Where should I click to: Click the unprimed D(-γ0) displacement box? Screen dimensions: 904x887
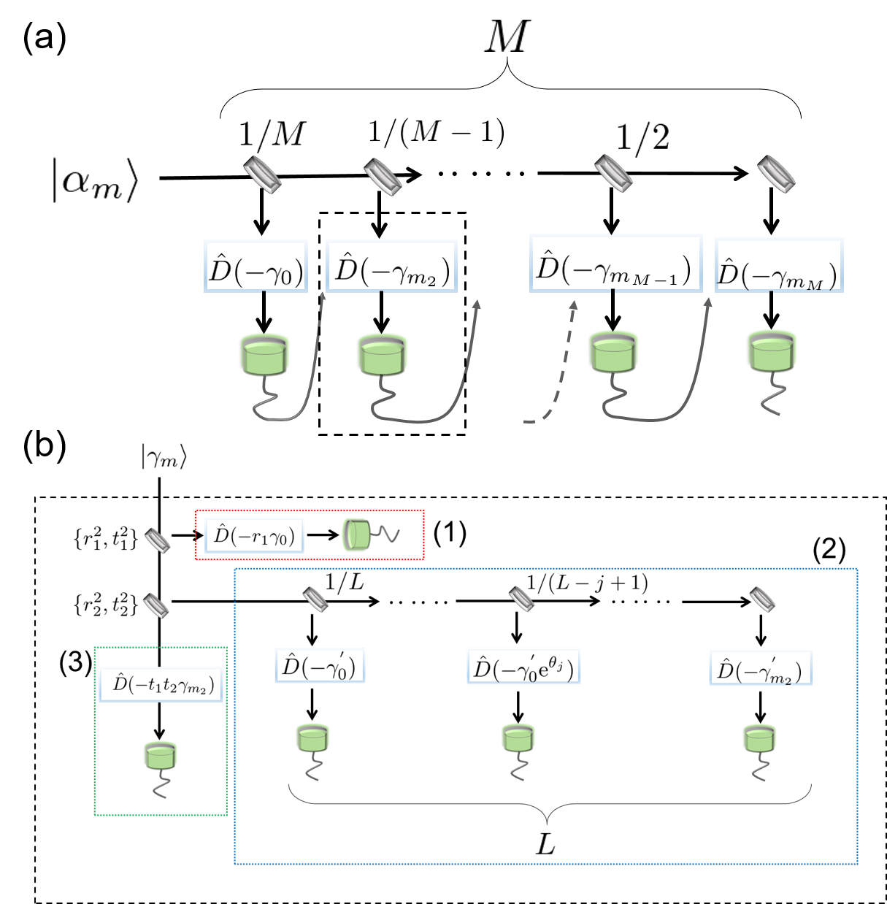(256, 267)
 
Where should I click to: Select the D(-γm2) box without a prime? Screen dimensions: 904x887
(391, 267)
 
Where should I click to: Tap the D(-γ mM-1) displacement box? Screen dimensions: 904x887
(615, 264)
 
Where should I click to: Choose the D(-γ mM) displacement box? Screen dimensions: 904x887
(779, 265)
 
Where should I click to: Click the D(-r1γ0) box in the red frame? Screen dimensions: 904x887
(254, 537)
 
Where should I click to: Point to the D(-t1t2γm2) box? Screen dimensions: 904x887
(161, 684)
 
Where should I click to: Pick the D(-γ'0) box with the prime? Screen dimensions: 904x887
(320, 665)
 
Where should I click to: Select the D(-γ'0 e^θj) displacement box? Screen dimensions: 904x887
(523, 666)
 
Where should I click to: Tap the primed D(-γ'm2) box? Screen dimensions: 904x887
(761, 667)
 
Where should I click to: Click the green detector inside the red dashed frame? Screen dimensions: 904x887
(356, 535)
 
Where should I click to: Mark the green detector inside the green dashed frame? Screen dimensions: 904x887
(161, 754)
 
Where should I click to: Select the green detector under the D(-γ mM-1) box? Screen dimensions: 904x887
(614, 352)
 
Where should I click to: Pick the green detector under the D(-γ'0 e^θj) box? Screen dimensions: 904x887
(518, 738)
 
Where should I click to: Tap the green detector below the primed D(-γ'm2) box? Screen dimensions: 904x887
(760, 738)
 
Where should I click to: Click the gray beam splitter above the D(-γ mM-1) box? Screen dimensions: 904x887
(613, 174)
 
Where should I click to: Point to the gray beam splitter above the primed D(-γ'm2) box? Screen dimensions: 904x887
(763, 600)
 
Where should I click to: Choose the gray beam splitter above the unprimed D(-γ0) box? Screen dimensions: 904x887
(262, 175)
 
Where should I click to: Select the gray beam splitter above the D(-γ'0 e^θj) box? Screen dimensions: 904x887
(522, 599)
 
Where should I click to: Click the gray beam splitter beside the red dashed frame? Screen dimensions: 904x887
(158, 540)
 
